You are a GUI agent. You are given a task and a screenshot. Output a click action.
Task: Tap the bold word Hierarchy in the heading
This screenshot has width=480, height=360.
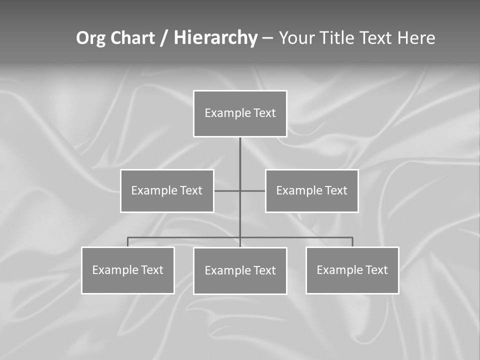pos(215,38)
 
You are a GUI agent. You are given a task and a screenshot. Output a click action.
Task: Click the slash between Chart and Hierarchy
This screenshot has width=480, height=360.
pos(164,38)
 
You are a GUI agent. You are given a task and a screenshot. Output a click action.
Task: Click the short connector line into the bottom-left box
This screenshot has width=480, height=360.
pos(128,242)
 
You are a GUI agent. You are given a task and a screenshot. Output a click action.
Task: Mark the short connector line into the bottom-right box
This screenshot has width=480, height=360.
pos(352,242)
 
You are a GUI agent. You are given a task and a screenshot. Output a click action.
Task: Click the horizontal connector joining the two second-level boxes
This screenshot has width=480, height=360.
pos(227,191)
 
